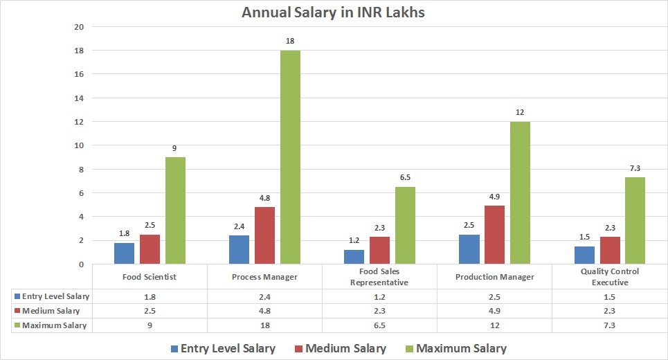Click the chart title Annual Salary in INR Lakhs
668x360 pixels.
coord(334,12)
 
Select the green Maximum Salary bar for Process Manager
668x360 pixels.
coord(290,157)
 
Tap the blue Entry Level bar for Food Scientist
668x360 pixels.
coord(124,253)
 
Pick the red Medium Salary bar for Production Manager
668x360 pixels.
coord(494,235)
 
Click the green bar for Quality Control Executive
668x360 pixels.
coord(635,220)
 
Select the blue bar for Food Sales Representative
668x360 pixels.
coord(354,257)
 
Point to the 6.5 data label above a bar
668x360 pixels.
coord(405,177)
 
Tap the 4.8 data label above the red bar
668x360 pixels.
coord(264,197)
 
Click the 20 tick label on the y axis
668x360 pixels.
coord(79,27)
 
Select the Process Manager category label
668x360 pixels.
coord(264,277)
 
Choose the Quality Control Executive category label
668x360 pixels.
coord(610,277)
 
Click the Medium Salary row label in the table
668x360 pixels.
coord(51,311)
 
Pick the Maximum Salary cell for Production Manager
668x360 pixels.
coord(494,325)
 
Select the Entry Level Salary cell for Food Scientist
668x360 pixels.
coord(150,296)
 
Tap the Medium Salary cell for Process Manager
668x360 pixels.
coord(264,311)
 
